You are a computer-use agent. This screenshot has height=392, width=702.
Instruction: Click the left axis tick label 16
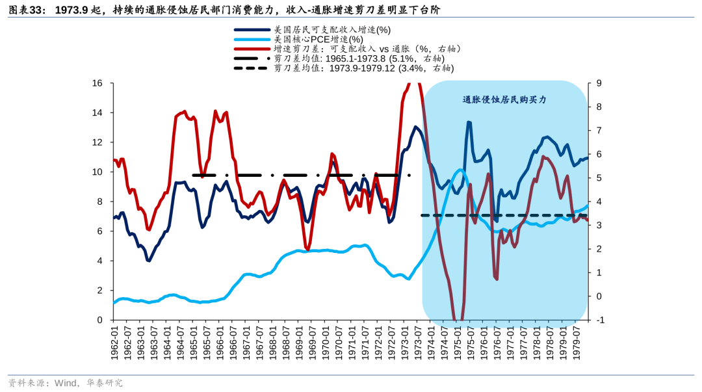tap(97, 83)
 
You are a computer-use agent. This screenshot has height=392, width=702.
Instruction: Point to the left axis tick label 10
tap(97, 172)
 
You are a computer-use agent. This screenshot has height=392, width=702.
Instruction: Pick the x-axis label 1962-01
tap(115, 341)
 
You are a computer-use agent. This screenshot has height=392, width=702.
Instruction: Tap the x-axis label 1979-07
tap(577, 341)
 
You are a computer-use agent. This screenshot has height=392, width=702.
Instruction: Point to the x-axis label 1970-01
tap(326, 341)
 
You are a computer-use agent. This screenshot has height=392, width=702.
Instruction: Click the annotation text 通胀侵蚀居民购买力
tap(504, 100)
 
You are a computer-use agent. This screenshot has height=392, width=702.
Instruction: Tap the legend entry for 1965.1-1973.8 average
tap(361, 59)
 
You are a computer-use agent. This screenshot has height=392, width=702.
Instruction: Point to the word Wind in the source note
tap(68, 383)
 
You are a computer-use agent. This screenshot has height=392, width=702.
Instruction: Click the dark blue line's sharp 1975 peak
tap(469, 122)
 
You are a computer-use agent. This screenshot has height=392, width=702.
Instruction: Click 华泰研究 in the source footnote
tap(105, 383)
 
